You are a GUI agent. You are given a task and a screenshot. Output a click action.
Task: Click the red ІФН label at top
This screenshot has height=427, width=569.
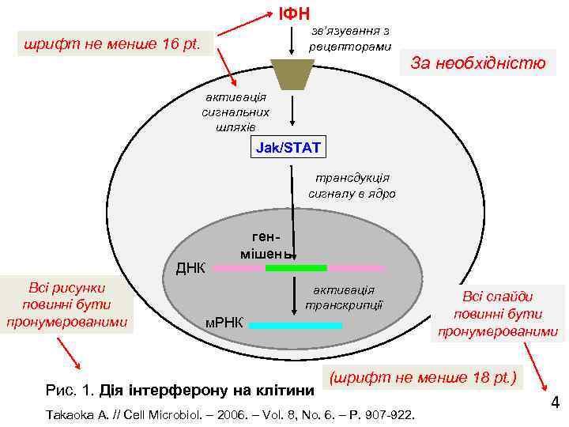[293, 13]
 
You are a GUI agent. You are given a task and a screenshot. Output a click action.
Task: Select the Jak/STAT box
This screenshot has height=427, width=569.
[288, 148]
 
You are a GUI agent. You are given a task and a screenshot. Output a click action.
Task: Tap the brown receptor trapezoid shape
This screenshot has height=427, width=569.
[292, 74]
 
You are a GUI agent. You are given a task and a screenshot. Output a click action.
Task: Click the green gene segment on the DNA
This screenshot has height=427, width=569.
[296, 268]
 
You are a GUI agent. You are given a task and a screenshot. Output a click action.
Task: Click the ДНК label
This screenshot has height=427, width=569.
[190, 267]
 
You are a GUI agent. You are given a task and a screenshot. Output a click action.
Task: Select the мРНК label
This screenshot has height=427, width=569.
[224, 323]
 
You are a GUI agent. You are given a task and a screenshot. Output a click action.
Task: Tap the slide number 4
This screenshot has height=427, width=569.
[555, 402]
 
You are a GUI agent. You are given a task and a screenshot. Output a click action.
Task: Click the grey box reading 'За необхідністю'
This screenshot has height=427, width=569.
[477, 64]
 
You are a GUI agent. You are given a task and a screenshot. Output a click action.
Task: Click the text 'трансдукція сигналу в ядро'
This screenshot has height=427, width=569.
[352, 186]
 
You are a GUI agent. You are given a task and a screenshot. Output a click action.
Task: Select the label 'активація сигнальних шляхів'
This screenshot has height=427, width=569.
[236, 111]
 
